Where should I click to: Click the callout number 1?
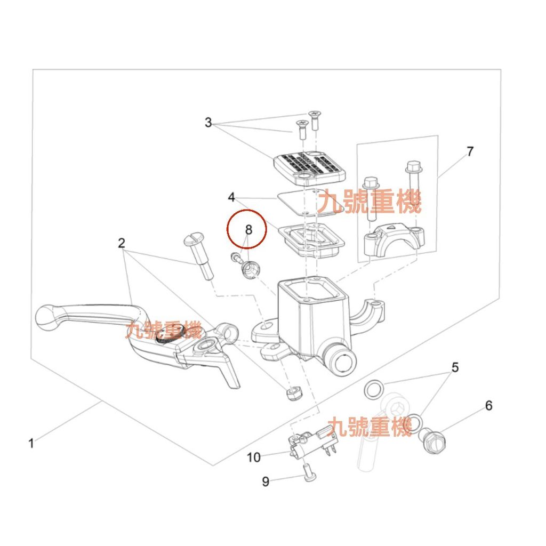click(31, 443)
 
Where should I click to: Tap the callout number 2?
click(121, 243)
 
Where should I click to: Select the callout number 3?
click(208, 123)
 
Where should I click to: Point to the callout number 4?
click(231, 197)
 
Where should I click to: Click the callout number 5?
click(455, 367)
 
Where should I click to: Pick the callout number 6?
click(488, 406)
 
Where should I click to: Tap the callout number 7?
click(470, 151)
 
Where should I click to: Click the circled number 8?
click(248, 230)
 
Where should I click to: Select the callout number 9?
click(266, 481)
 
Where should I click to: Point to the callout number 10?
click(253, 457)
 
